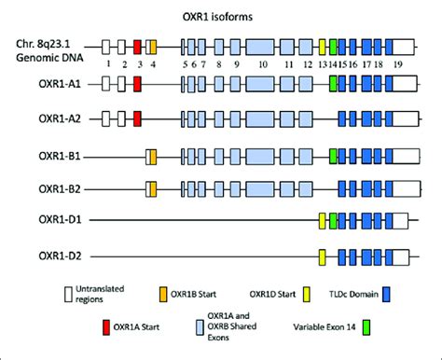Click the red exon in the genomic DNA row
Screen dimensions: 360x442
point(137,46)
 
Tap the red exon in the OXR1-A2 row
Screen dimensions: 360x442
point(137,118)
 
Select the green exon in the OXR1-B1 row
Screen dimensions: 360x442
point(333,155)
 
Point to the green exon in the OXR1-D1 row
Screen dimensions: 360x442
point(333,222)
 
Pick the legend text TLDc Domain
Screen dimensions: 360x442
point(349,291)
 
